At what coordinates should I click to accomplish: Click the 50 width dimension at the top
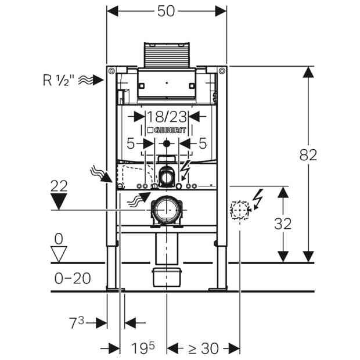[x=166, y=11]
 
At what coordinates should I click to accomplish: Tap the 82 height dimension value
[x=308, y=155]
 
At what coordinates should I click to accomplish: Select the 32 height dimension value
[x=283, y=224]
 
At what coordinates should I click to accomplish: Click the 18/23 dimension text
[x=167, y=117]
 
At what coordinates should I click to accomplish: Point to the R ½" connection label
[x=59, y=80]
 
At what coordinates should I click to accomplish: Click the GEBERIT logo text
[x=167, y=130]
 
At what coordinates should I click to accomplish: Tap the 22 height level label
[x=59, y=186]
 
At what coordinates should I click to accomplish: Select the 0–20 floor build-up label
[x=73, y=278]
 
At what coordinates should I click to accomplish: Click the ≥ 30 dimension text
[x=203, y=348]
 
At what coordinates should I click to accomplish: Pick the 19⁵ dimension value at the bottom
[x=143, y=348]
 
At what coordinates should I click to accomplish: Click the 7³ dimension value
[x=77, y=322]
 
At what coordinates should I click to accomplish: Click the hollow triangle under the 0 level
[x=59, y=254]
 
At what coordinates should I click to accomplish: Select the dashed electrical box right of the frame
[x=240, y=210]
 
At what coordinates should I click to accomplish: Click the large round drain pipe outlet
[x=167, y=210]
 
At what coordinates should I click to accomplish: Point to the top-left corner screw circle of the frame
[x=111, y=71]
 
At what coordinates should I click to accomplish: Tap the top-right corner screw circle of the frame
[x=222, y=71]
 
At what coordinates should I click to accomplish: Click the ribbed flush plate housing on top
[x=167, y=55]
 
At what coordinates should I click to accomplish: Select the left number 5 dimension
[x=131, y=144]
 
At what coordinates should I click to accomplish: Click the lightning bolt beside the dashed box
[x=258, y=199]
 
